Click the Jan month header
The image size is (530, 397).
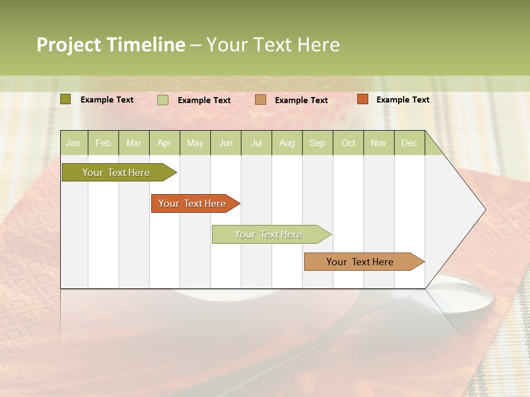[73, 143]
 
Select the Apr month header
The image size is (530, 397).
[165, 143]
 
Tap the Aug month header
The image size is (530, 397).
[287, 143]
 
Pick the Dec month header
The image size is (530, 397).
[409, 143]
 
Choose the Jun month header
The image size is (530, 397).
[226, 143]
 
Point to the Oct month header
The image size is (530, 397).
[348, 143]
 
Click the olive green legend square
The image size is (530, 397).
[66, 99]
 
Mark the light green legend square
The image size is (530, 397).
[163, 100]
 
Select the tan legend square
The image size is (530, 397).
[261, 100]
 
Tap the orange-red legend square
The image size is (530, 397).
[362, 99]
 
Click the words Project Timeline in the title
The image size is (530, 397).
[110, 45]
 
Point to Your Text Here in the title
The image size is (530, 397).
[273, 45]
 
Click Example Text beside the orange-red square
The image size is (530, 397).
[402, 100]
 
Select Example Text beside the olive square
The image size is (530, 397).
[107, 100]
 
